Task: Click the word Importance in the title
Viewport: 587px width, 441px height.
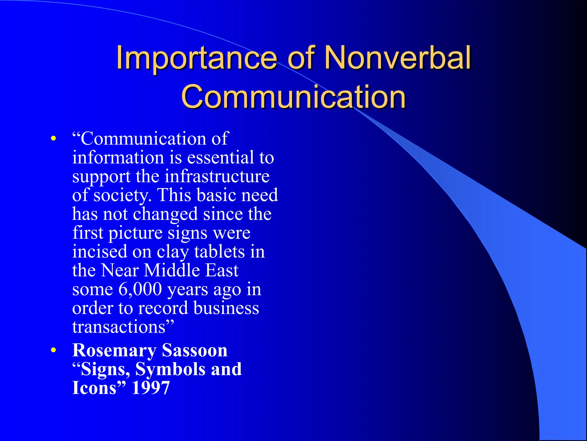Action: pos(196,58)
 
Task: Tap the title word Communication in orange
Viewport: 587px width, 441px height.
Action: pos(293,97)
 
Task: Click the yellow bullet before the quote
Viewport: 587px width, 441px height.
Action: pos(53,139)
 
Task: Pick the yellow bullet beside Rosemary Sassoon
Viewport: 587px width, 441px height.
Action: pos(53,350)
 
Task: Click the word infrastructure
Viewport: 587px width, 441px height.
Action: pos(217,176)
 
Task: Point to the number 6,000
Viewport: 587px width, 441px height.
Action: pos(140,289)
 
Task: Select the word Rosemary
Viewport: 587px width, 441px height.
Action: pos(114,351)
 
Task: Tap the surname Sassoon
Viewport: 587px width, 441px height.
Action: pos(195,351)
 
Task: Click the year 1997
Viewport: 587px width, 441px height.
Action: pos(151,388)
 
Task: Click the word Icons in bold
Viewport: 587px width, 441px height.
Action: pos(95,388)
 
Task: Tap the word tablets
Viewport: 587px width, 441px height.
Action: pos(220,252)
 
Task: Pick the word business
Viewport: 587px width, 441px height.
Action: pos(226,308)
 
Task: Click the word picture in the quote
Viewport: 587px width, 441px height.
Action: pos(135,233)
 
